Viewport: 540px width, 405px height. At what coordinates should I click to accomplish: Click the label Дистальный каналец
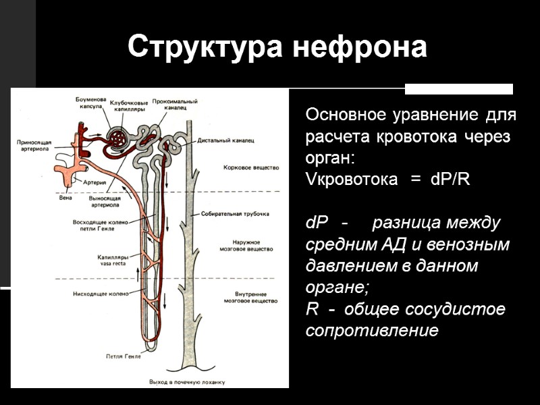[x=225, y=141]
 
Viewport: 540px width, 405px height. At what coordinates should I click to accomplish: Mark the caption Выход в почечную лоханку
[x=186, y=381]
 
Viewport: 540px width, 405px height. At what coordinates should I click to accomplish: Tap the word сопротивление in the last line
[x=372, y=331]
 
